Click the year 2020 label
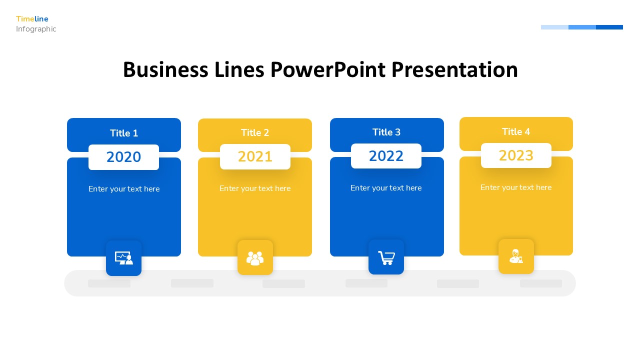pos(123,157)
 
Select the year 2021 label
pos(255,156)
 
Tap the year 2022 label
pos(386,156)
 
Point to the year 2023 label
pos(516,155)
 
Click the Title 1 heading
pos(124,133)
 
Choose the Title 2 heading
pos(255,132)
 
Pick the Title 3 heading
pos(386,132)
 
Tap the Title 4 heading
pos(516,131)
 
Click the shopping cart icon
pos(386,257)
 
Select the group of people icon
pos(255,258)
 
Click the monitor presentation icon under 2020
pos(123,258)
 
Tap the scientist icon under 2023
pos(516,256)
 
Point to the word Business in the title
pos(165,70)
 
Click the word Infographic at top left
pos(36,29)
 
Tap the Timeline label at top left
pos(32,19)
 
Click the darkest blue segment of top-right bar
pos(609,27)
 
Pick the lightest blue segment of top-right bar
pos(554,27)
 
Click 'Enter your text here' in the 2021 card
pos(255,188)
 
